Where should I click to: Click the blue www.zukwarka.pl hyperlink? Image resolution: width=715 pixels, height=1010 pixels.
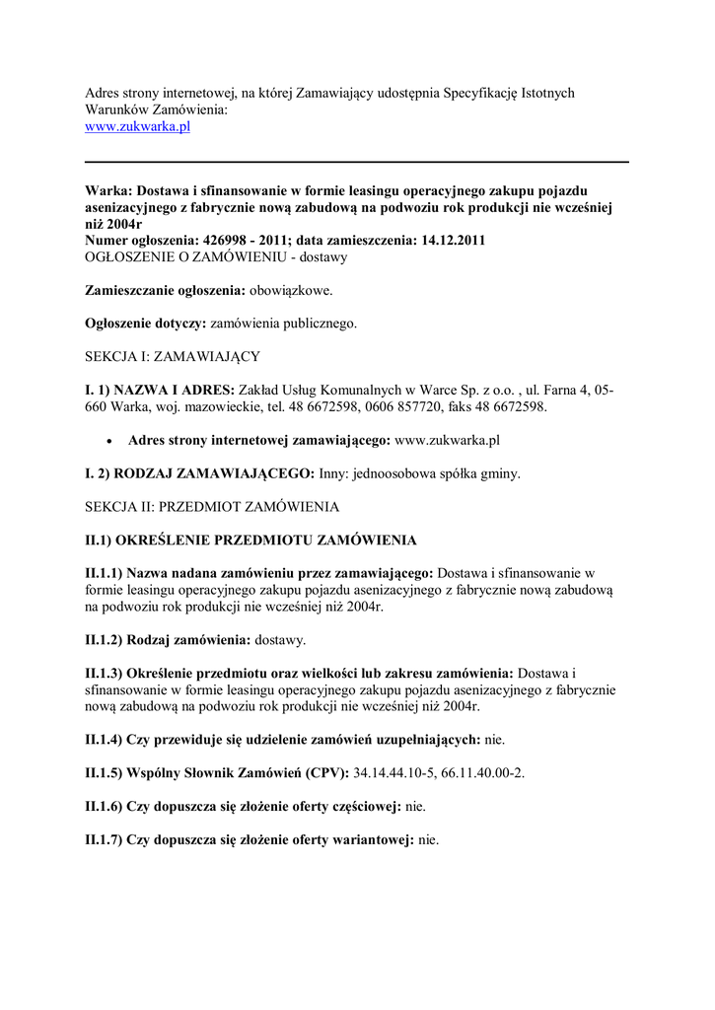pyautogui.click(x=137, y=128)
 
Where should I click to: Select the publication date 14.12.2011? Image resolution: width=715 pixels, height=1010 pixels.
pyautogui.click(x=449, y=240)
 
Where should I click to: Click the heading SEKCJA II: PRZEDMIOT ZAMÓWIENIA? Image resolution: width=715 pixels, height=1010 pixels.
pyautogui.click(x=212, y=507)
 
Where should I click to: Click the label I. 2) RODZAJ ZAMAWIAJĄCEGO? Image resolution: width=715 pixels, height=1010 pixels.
pyautogui.click(x=200, y=473)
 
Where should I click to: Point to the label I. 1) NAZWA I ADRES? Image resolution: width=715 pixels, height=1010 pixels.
pyautogui.click(x=159, y=390)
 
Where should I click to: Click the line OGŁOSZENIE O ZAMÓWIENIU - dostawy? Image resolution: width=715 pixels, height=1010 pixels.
pyautogui.click(x=216, y=256)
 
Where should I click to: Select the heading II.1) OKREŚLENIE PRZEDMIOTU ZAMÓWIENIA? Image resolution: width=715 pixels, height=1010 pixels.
pyautogui.click(x=250, y=541)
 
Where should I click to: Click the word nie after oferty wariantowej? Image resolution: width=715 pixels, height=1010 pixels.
pyautogui.click(x=428, y=840)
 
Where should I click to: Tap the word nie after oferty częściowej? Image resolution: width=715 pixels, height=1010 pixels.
pyautogui.click(x=415, y=807)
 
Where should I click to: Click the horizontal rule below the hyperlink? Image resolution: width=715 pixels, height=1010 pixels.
pyautogui.click(x=357, y=161)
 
